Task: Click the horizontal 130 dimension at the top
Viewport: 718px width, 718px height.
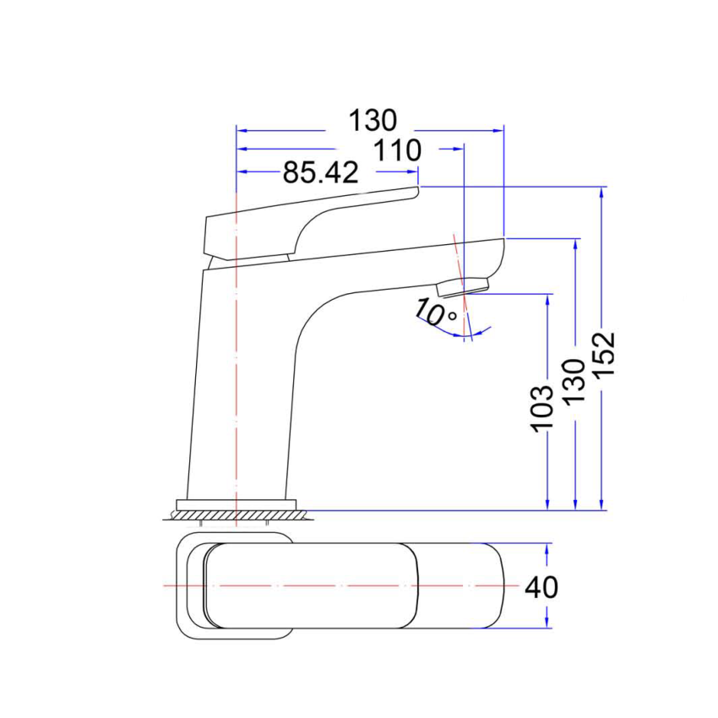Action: [x=373, y=122]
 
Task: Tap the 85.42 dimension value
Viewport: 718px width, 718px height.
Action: [x=320, y=173]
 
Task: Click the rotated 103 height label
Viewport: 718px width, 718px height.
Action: [x=542, y=409]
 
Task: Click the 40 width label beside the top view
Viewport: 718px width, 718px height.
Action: [x=541, y=586]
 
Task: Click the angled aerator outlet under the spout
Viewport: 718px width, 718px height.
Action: [x=464, y=286]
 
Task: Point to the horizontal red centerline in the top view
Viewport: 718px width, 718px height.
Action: [x=338, y=585]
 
